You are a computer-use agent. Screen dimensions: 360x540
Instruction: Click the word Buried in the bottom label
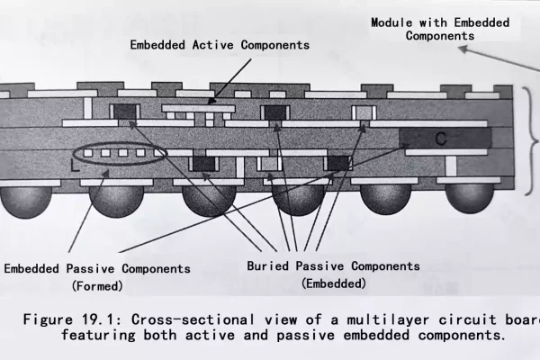pyautogui.click(x=269, y=266)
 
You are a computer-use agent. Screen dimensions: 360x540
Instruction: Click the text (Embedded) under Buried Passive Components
pyautogui.click(x=333, y=283)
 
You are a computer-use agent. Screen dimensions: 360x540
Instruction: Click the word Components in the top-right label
pyautogui.click(x=439, y=36)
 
